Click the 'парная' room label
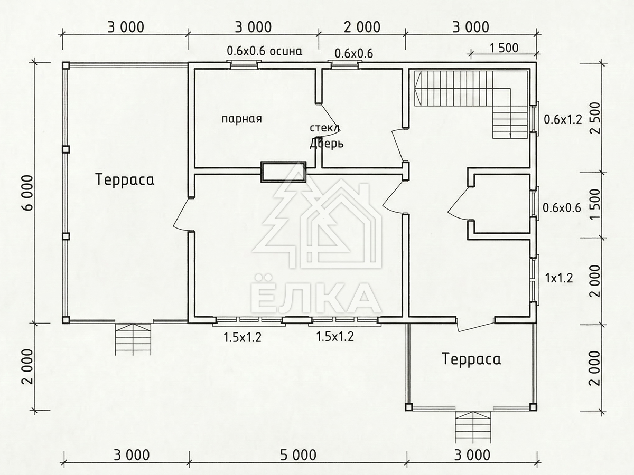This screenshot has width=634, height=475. pyautogui.click(x=242, y=119)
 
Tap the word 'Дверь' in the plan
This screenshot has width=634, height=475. pyautogui.click(x=327, y=144)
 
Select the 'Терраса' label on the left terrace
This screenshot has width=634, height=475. pyautogui.click(x=125, y=179)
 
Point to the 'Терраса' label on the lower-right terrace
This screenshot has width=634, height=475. pyautogui.click(x=471, y=359)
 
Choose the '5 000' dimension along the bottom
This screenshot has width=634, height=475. pyautogui.click(x=299, y=455)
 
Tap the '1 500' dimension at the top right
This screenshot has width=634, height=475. pyautogui.click(x=505, y=48)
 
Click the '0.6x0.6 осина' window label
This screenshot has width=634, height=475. pyautogui.click(x=265, y=51)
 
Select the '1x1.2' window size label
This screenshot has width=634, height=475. pyautogui.click(x=558, y=278)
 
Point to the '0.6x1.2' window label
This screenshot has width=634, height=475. pyautogui.click(x=563, y=119)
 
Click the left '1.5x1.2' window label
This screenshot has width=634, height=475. pyautogui.click(x=243, y=337)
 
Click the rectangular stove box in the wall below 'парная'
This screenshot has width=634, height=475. pyautogui.click(x=283, y=172)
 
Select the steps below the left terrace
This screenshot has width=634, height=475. pyautogui.click(x=133, y=339)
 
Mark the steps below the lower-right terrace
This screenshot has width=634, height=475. pyautogui.click(x=473, y=427)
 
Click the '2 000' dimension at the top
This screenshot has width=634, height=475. pyautogui.click(x=362, y=27)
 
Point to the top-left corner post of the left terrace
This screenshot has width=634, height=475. pyautogui.click(x=66, y=65)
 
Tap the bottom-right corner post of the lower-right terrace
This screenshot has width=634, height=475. pyautogui.click(x=533, y=407)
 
